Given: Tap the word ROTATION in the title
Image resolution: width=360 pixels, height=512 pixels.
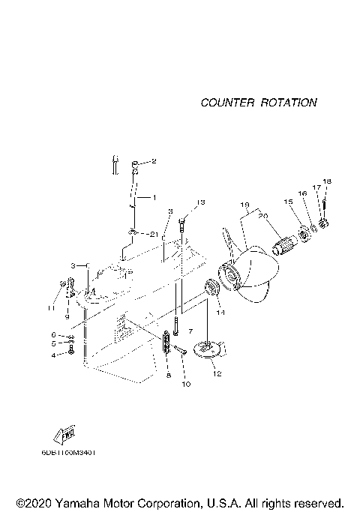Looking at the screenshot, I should pyautogui.click(x=288, y=103).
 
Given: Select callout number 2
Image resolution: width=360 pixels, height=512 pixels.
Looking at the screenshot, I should pyautogui.click(x=154, y=161).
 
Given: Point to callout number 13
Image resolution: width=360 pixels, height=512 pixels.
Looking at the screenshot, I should pyautogui.click(x=199, y=202).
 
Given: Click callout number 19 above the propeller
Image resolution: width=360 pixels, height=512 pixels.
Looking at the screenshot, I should pyautogui.click(x=244, y=205).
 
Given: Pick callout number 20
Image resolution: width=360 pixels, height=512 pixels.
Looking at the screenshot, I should pyautogui.click(x=262, y=216).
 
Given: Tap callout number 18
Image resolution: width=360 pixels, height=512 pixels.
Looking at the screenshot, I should pyautogui.click(x=326, y=182).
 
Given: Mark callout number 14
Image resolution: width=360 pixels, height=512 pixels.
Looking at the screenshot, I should pyautogui.click(x=220, y=313).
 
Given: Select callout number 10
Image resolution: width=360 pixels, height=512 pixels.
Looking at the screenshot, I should pyautogui.click(x=186, y=385).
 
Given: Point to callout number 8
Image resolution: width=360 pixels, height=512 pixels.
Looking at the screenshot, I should pyautogui.click(x=169, y=375).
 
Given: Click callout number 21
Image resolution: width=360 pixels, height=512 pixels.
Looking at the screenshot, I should pyautogui.click(x=154, y=234).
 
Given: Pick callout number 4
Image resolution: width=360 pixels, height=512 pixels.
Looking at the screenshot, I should pyautogui.click(x=53, y=355).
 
